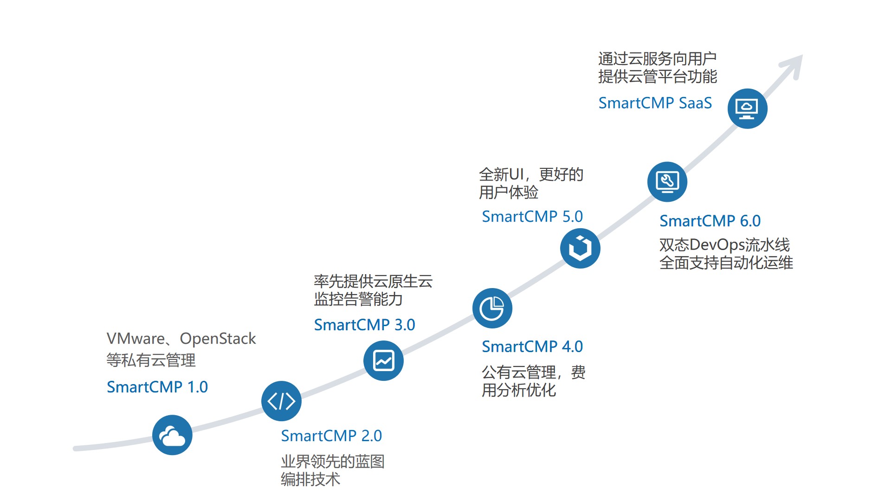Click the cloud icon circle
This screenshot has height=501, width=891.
click(x=172, y=435)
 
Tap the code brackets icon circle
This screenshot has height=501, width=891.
click(x=281, y=401)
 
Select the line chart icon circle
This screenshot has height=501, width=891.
click(x=383, y=361)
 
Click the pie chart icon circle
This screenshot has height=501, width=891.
click(x=492, y=308)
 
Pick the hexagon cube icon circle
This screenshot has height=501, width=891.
click(x=580, y=248)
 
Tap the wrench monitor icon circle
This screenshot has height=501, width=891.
click(x=667, y=182)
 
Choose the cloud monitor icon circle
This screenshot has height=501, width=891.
click(x=747, y=109)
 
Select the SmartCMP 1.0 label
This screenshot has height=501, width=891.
click(x=157, y=387)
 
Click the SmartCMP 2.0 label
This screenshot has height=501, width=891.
click(x=331, y=436)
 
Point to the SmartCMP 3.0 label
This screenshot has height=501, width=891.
click(x=364, y=325)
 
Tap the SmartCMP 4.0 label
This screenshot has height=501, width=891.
click(x=532, y=347)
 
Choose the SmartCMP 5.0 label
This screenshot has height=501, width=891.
click(x=532, y=216)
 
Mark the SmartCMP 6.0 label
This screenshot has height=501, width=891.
click(x=710, y=221)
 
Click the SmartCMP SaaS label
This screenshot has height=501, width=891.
click(x=655, y=103)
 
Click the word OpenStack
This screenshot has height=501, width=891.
click(x=218, y=339)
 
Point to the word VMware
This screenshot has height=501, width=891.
click(x=136, y=339)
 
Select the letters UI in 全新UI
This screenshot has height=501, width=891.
click(x=516, y=174)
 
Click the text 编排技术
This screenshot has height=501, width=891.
click(x=310, y=479)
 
